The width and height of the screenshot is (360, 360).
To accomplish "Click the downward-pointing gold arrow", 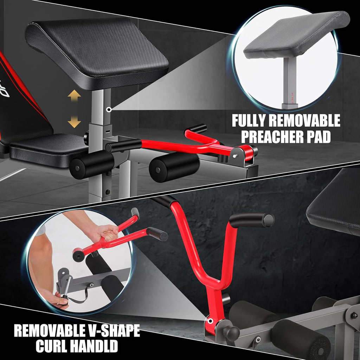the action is coord(74,122).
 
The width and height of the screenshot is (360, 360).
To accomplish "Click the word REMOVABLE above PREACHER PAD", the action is coord(304,121).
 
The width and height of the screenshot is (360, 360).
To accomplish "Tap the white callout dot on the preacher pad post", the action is coord(109,110).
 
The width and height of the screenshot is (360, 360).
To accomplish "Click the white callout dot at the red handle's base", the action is coord(210,321).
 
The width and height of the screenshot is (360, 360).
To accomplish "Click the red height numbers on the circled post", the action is coord(292,98).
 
